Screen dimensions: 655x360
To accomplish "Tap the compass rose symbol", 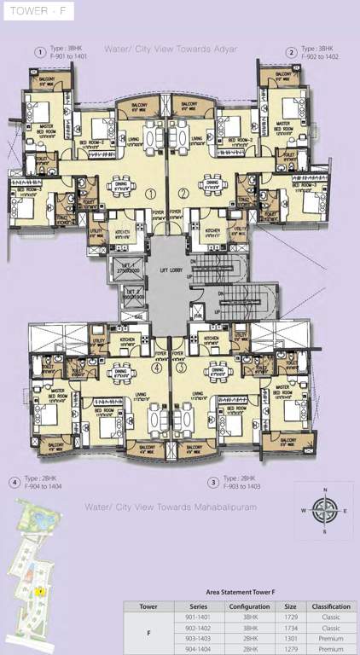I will (x=323, y=511).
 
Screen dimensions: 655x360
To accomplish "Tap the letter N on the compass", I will (x=323, y=490).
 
